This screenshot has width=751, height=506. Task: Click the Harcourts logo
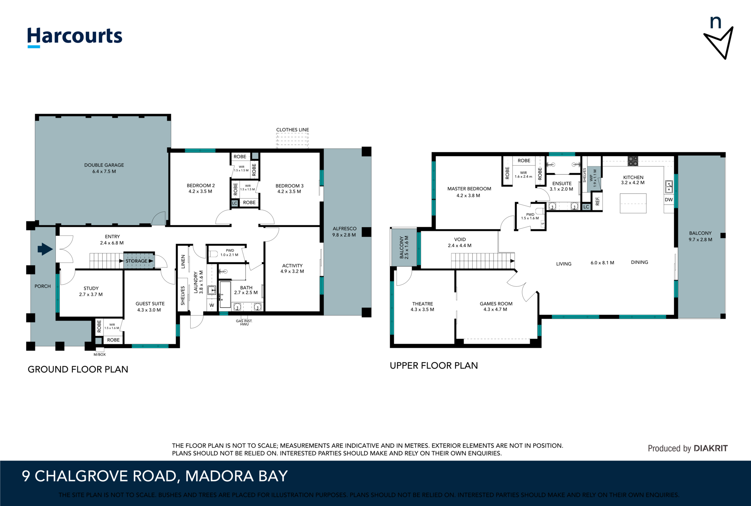[75, 37]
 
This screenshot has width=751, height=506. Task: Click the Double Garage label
[104, 168]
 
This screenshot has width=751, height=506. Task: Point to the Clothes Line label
[292, 130]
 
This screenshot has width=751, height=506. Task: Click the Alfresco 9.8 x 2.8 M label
[344, 232]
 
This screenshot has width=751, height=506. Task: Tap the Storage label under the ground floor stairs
[136, 261]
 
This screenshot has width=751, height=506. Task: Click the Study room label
[91, 291]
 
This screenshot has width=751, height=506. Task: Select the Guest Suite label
[150, 307]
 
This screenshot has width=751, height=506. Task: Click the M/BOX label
[99, 355]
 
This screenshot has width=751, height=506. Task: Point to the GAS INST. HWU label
[244, 323]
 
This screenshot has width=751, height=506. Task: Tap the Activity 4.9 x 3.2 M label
[292, 268]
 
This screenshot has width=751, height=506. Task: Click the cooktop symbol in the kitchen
[633, 161]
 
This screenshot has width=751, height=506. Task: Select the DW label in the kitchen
[668, 200]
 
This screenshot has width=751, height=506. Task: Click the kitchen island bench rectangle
[633, 203]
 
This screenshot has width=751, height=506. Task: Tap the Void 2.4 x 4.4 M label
[459, 242]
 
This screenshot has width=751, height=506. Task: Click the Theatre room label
[422, 307]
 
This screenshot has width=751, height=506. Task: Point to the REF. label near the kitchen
[597, 201]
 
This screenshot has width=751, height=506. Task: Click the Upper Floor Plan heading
[434, 366]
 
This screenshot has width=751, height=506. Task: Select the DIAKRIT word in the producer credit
[711, 448]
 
